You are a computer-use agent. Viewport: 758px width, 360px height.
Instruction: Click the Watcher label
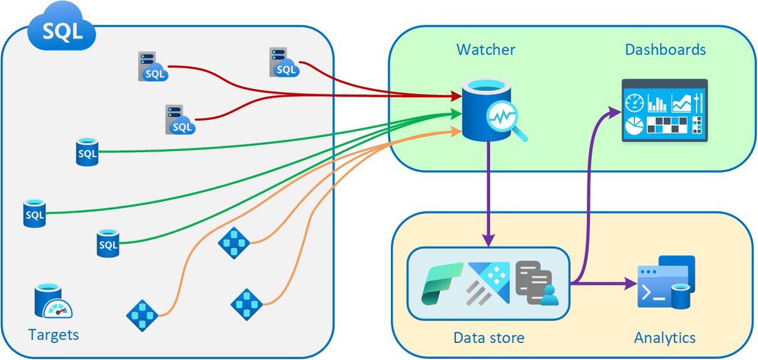click(x=486, y=49)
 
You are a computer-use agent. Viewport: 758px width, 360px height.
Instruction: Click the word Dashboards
click(x=665, y=49)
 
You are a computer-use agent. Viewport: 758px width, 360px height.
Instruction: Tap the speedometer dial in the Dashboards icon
click(x=634, y=102)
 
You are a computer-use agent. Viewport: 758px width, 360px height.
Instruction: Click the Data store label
click(x=488, y=338)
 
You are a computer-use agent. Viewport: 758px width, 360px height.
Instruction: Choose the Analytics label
click(x=665, y=338)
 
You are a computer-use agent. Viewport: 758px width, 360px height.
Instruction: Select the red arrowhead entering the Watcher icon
click(x=455, y=97)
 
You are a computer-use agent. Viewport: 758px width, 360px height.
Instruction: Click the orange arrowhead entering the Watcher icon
click(x=455, y=131)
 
